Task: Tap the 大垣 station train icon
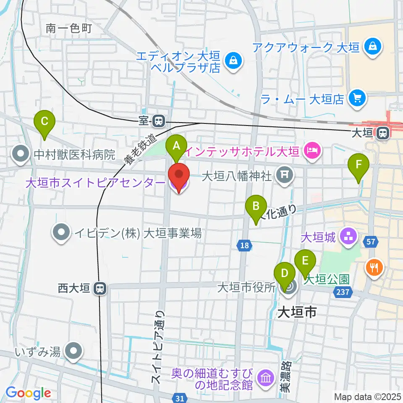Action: [x=382, y=133]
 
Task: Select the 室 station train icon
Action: [x=159, y=121]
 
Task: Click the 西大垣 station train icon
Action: [x=100, y=288]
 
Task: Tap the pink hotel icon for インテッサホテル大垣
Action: [x=312, y=149]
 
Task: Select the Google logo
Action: [x=28, y=393]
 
